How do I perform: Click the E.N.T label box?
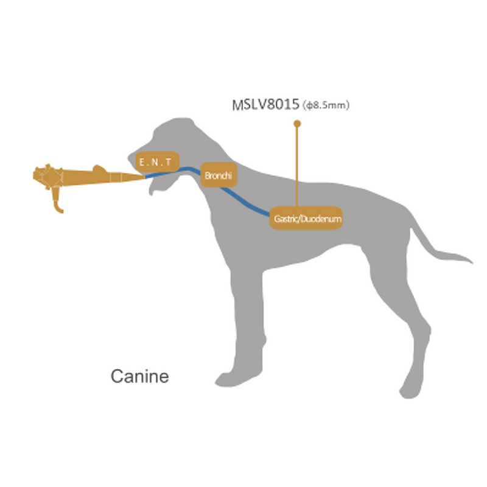pos(157,161)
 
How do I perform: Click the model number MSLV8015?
pos(266,105)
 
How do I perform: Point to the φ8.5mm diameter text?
pos(326,106)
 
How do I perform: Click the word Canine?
pos(139,376)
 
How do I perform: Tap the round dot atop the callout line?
pos(297,124)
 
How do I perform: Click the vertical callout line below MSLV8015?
pos(297,164)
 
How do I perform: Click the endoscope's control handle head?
pos(49,176)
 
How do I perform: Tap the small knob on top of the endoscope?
pos(99,167)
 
